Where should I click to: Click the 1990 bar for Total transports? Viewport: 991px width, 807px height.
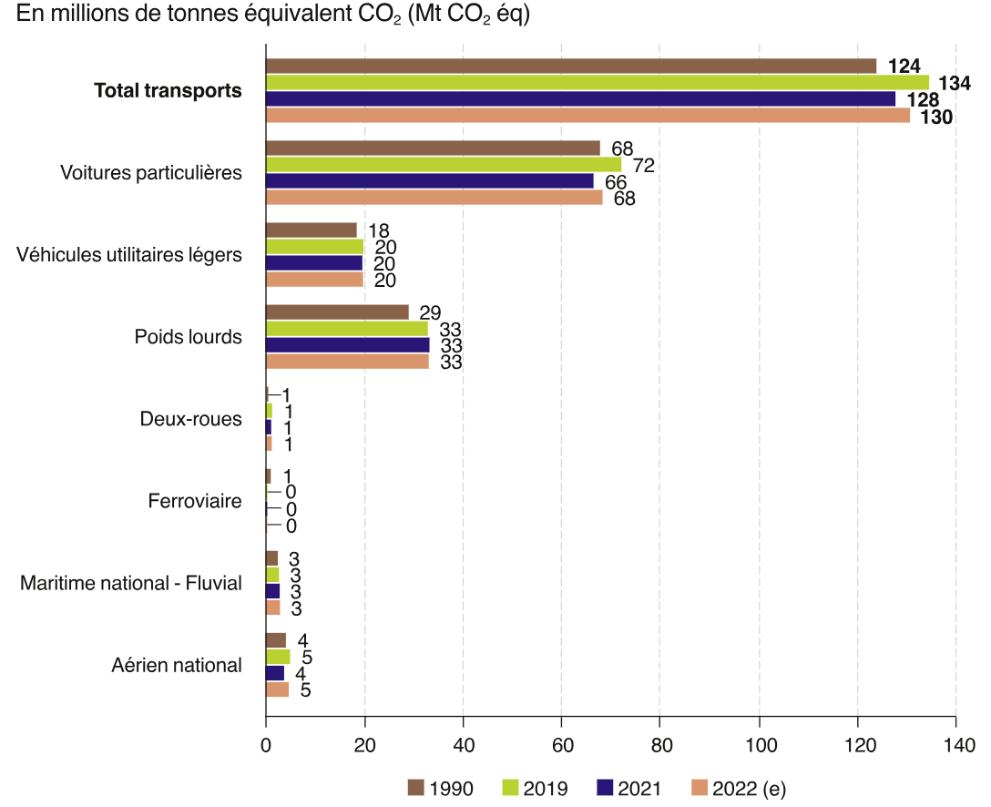point(570,66)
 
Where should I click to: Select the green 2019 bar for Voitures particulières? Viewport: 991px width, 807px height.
point(443,165)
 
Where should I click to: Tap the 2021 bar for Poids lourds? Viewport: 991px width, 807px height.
point(347,345)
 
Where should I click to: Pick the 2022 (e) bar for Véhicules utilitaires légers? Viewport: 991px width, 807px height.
point(314,280)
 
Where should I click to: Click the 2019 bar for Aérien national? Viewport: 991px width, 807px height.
point(278,657)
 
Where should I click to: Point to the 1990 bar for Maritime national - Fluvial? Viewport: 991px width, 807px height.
point(271,558)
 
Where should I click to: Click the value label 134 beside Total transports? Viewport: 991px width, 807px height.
point(955,83)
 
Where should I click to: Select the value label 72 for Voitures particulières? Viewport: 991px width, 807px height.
point(644,165)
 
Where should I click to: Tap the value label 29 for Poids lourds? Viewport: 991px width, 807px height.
point(431,312)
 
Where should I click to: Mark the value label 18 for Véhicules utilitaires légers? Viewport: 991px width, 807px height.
point(379,230)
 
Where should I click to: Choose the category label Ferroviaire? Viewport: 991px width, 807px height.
point(195,501)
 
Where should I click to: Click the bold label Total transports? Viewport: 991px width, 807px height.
point(169,91)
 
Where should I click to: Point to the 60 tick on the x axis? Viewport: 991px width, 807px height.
point(562,745)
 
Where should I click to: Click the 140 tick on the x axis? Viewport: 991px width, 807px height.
point(955,745)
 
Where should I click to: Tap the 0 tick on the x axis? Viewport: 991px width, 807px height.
point(266,745)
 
